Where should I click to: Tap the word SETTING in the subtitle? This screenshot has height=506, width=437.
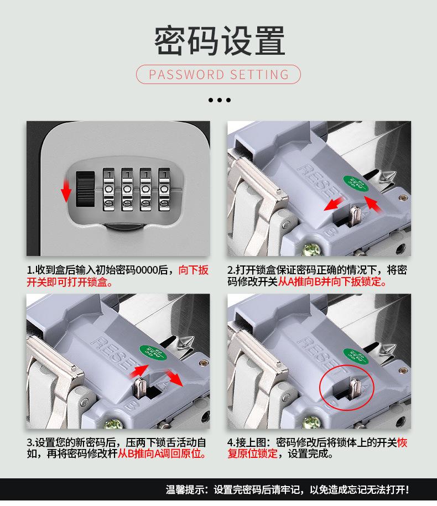coord(260,74)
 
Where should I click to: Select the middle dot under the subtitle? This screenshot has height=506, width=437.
coord(219,100)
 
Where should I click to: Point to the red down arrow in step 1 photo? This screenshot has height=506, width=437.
coord(66,189)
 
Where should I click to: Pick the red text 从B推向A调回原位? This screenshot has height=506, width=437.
coord(162,455)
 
